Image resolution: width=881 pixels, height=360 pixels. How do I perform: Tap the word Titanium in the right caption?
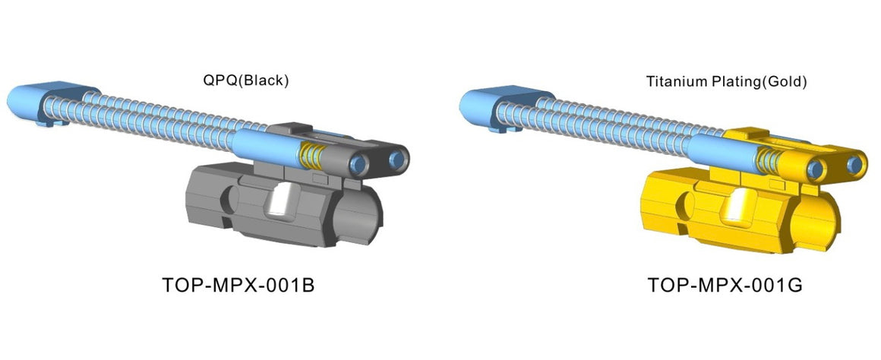(671, 81)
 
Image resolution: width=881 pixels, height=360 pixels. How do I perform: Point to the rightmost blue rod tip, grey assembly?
(398, 159)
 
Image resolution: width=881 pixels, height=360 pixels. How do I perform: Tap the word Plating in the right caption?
(732, 81)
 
